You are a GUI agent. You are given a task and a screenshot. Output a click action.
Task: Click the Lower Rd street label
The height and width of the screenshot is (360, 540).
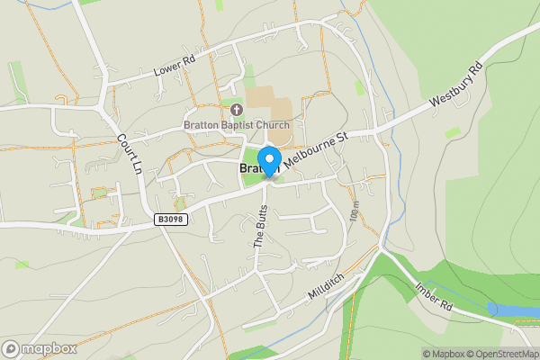tap(175, 62)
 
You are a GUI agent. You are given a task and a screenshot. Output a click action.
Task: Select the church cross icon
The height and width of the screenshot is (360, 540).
tap(237, 109)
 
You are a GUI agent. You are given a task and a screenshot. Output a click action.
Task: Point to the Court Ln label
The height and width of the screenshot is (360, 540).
tap(130, 154)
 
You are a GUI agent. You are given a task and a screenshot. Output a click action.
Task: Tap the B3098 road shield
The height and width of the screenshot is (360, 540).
tap(169, 219)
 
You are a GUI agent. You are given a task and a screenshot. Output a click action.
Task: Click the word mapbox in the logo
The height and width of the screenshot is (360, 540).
tap(49, 349)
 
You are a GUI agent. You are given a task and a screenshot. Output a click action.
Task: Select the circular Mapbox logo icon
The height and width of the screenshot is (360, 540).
tap(11, 349)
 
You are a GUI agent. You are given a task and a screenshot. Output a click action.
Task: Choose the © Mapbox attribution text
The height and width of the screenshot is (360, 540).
tap(445, 354)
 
